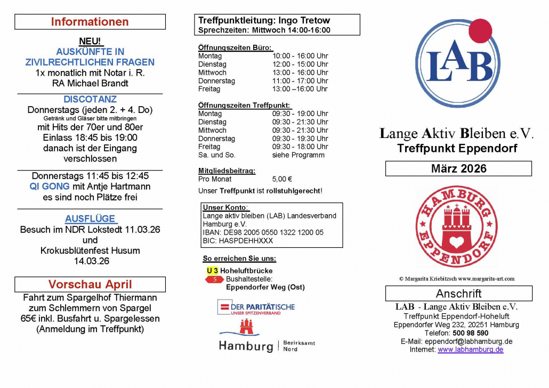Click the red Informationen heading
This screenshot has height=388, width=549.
tap(90, 22)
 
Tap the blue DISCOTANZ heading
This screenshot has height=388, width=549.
tap(90, 99)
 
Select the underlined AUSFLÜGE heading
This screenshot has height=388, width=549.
tap(90, 219)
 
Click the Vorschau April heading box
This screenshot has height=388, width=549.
tap(90, 284)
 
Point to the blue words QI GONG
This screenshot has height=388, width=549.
tap(50, 187)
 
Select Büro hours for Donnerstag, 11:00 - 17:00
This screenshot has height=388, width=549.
tap(300, 81)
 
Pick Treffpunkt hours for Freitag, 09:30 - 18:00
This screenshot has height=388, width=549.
tap(300, 147)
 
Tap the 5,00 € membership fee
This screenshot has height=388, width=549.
tap(282, 179)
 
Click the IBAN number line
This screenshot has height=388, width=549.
tap(263, 232)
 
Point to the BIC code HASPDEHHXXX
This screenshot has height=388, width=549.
tap(238, 240)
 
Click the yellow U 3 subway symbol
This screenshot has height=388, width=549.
tap(212, 271)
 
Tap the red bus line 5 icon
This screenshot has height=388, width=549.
tap(215, 279)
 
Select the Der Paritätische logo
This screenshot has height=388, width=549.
tap(255, 308)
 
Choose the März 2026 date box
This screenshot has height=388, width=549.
tap(458, 168)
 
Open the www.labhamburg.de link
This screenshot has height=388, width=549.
tap(470, 350)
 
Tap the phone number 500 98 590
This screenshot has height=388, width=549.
tap(469, 333)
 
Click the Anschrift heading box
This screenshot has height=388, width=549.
tap(458, 293)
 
